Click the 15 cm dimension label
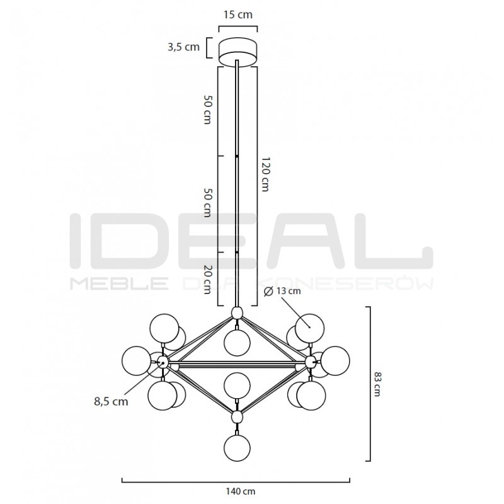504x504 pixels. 238,14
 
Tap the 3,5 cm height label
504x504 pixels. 183,47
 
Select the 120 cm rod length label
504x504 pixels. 265,175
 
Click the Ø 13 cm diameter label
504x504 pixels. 282,291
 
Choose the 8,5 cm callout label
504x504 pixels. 111,401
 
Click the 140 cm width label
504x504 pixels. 241,491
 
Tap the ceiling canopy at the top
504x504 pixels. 238,53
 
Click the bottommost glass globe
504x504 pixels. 238,448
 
